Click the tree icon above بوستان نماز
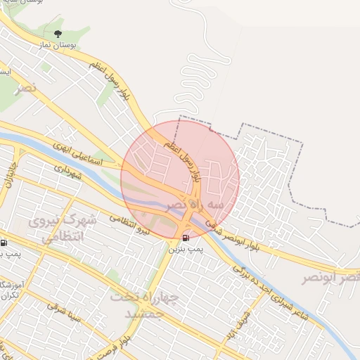[x=58, y=33]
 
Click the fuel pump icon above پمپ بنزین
[x=185, y=238]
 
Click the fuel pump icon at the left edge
[x=4, y=243]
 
